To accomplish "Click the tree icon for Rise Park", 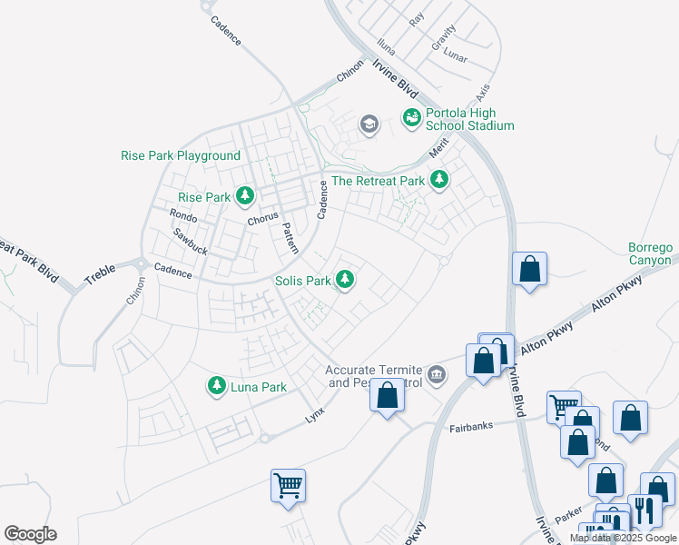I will coord(244,195).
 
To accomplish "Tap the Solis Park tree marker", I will coord(344,280).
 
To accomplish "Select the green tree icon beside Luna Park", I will coord(216,386).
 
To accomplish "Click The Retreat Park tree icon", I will coord(439,180).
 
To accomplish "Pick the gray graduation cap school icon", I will coord(369,124).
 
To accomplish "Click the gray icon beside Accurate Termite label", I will coord(437,374).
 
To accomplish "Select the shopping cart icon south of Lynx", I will coord(288,485).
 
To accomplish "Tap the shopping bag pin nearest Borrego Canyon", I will coord(529,270).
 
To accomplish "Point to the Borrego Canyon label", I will coord(652,253).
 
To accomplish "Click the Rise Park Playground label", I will coord(180,155).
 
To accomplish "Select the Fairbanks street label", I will coord(475,426).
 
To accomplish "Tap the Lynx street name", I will coord(314,414).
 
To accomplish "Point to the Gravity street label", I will coord(444,37).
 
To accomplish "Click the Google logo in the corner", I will coord(30,534).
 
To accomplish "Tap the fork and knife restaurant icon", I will coord(645,510).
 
